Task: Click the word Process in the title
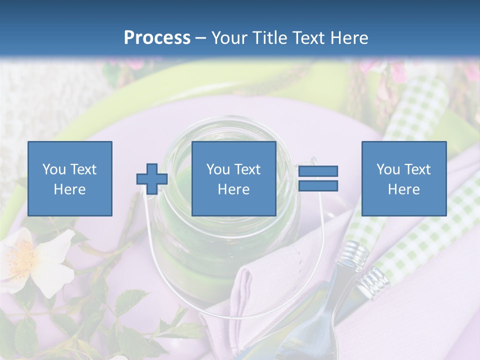point(157,38)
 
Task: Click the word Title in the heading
point(268,38)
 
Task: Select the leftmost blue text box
point(70,178)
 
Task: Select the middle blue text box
point(234,178)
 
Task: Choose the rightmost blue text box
point(403,178)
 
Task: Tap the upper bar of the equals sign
point(318,171)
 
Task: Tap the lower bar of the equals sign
point(318,186)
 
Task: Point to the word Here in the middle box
point(234,189)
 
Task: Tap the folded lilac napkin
point(250,290)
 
